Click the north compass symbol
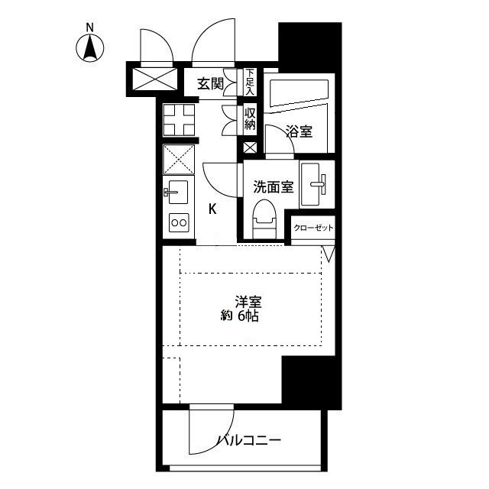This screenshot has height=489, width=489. coord(91,47)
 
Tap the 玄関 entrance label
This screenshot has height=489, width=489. coord(210,84)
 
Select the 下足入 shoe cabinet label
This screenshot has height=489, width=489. coord(250,83)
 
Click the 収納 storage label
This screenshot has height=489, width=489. coord(250,118)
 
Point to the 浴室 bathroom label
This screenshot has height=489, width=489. coord(298,132)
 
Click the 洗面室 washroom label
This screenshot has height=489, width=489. coord(273,186)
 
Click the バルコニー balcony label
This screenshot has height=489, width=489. coord(249,441)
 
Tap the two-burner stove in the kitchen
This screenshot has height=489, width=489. coord(179,223)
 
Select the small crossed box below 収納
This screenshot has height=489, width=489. coord(250,148)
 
